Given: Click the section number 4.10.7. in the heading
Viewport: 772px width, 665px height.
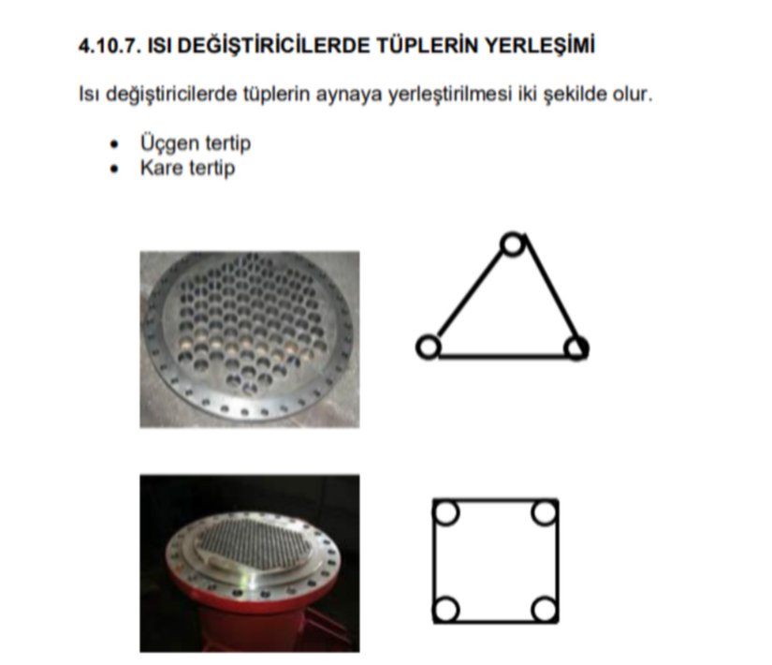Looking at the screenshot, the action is click(109, 45).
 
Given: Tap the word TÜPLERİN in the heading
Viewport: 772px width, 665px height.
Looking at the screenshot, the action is click(428, 45).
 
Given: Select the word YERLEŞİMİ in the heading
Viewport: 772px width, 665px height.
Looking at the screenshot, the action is click(540, 45).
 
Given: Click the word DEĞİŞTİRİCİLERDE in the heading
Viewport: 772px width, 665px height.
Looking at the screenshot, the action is click(273, 45).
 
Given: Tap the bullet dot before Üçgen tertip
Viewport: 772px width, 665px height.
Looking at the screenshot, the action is click(115, 144).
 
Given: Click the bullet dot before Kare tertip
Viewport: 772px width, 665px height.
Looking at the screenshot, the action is click(115, 170).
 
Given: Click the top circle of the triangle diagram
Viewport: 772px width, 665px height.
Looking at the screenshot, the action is click(513, 244).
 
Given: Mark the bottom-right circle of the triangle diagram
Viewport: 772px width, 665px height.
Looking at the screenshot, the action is click(576, 347).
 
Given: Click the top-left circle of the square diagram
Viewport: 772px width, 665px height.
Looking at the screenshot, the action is click(446, 512).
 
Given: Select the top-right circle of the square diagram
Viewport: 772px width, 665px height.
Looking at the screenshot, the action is click(545, 512).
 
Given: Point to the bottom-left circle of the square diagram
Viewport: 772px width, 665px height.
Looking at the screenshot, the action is click(446, 609).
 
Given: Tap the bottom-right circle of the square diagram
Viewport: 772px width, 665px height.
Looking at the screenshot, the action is click(545, 609).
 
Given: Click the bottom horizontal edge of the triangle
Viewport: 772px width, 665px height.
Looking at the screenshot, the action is click(503, 355).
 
